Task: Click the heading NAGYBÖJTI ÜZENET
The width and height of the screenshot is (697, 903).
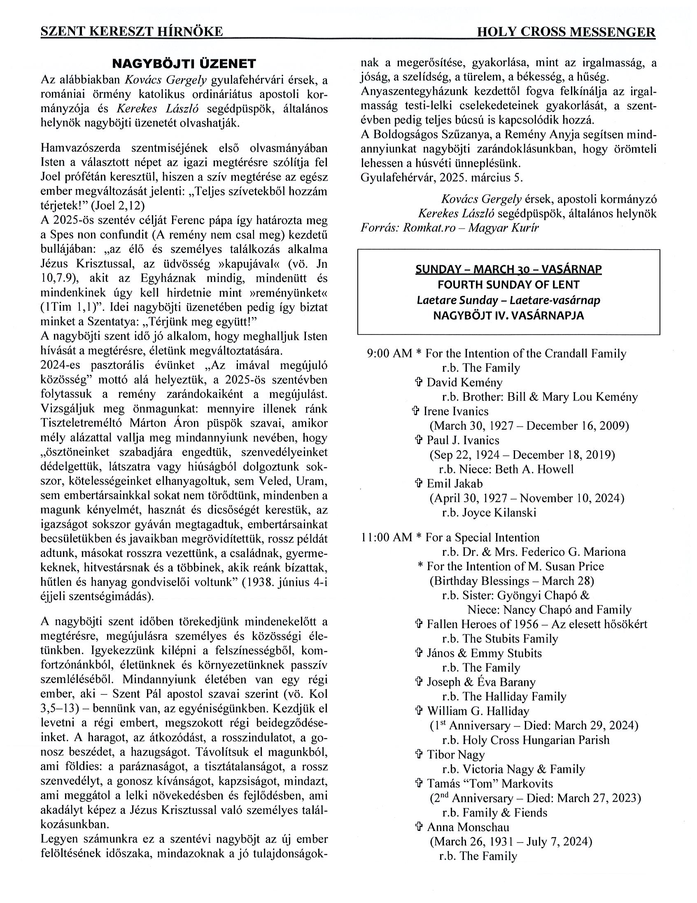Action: tap(184, 64)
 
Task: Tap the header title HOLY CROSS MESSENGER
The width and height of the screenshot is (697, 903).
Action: tap(566, 32)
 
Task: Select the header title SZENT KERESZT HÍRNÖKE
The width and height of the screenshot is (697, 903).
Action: tap(132, 32)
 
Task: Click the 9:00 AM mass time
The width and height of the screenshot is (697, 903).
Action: tap(389, 353)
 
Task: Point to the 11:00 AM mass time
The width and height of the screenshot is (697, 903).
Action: tap(386, 538)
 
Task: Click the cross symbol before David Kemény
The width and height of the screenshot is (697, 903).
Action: tap(419, 382)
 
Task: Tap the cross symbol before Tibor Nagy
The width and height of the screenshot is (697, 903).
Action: tap(419, 755)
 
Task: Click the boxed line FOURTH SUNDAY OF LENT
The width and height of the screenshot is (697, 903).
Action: tap(508, 285)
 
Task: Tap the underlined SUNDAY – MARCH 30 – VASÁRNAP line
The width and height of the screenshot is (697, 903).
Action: tap(508, 269)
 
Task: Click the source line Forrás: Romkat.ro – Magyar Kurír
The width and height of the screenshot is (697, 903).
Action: tap(450, 228)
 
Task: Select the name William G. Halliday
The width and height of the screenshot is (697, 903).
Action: tap(478, 711)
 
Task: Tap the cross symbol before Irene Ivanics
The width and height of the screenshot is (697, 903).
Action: tap(416, 412)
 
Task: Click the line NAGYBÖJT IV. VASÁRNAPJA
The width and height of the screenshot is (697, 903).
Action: tap(508, 316)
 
